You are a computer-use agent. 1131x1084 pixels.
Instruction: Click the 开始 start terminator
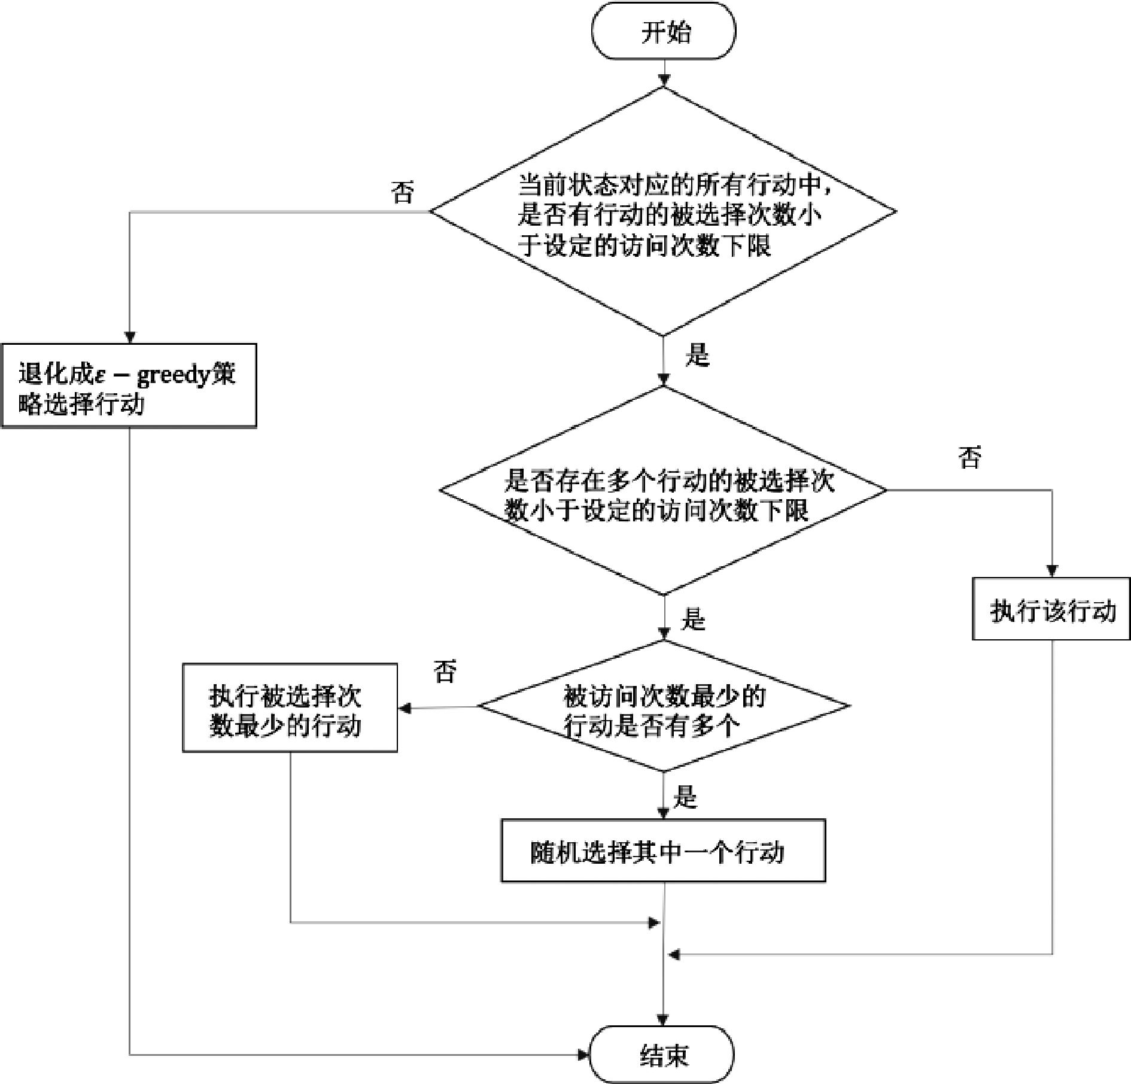tap(664, 31)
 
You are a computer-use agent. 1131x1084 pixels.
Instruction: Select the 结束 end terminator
tap(662, 1055)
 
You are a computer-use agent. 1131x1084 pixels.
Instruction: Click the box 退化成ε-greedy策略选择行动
tap(129, 386)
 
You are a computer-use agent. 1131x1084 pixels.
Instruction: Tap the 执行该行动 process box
tap(1051, 609)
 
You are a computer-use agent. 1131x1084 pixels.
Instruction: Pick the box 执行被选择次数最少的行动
tap(290, 708)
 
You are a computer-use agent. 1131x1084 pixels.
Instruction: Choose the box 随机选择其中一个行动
tap(663, 851)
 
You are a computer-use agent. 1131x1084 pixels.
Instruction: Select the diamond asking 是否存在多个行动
tap(663, 491)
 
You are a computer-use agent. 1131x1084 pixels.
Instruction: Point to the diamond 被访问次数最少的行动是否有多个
tap(663, 706)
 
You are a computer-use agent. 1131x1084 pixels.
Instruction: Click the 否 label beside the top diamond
tap(402, 192)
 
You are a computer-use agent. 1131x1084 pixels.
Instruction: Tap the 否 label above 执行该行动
tap(970, 457)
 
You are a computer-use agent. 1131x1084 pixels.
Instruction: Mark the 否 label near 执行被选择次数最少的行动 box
tap(445, 671)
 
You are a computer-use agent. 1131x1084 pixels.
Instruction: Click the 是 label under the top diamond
tap(697, 354)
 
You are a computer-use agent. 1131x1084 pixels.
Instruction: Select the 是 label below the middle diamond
tap(694, 619)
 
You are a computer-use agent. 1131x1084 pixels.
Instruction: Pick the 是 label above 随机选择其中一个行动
tap(685, 797)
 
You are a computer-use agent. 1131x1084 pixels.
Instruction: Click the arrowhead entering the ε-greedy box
tap(130, 338)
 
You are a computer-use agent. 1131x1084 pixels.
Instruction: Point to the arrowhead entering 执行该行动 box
tap(1051, 571)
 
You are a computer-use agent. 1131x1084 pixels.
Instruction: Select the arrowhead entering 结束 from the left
tap(584, 1055)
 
